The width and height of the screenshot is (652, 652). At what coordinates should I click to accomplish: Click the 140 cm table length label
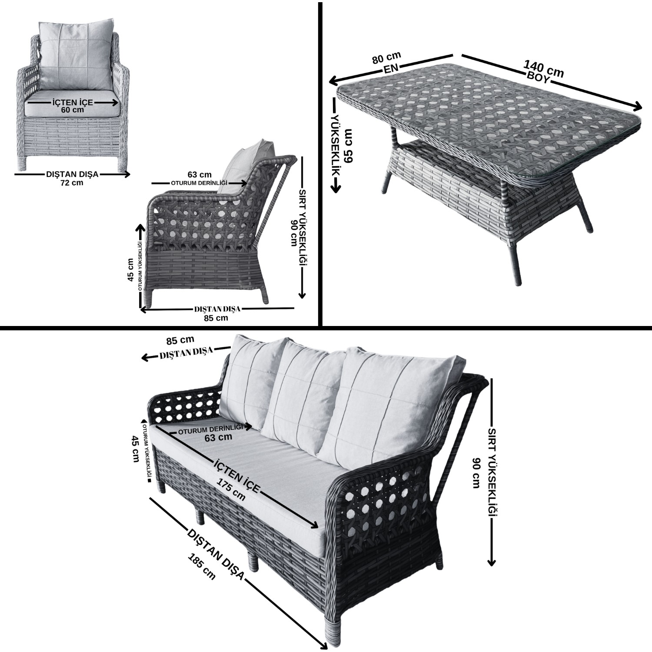544,69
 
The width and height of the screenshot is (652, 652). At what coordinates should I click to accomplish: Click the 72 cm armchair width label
72,183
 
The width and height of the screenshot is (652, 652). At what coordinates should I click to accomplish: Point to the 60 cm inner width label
72,110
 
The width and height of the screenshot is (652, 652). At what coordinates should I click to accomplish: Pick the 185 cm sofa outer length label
202,566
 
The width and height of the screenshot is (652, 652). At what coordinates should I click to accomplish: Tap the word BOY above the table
539,78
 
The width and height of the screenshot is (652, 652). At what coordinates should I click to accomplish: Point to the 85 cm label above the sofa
180,339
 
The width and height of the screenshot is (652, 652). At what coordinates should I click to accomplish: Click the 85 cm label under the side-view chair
216,318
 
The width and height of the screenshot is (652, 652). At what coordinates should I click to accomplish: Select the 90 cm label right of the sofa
477,473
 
